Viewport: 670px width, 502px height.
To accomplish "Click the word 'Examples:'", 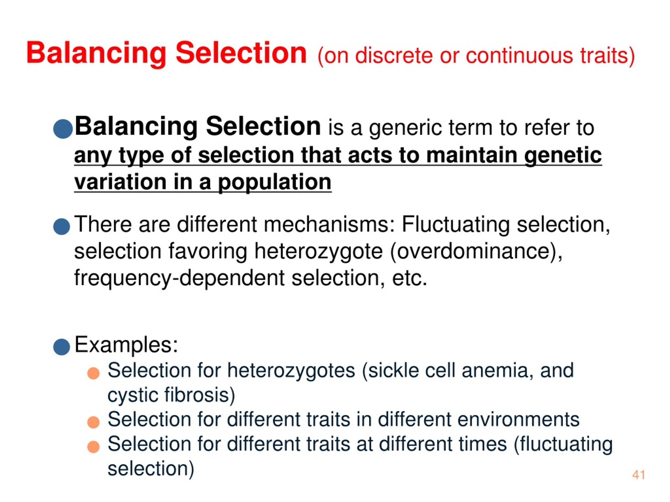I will point(126,345).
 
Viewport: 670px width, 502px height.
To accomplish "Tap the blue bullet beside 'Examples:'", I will point(62,346).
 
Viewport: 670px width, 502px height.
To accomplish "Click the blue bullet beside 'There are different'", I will point(62,226).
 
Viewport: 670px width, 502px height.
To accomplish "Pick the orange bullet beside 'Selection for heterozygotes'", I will point(93,373).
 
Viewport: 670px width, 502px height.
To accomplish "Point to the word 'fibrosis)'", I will point(200,396).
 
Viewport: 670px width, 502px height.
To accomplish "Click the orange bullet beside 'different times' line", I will point(93,447).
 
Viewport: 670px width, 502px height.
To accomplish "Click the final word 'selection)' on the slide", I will point(151,469).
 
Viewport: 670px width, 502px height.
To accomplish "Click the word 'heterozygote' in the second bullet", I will point(318,252).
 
